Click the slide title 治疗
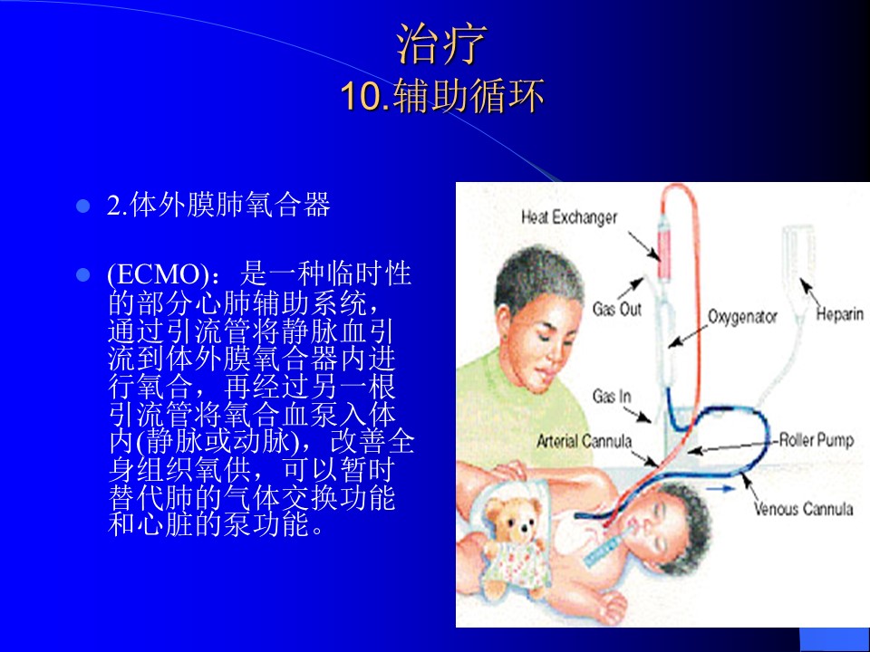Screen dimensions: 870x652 [441, 43]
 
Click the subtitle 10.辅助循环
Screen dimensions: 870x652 [442, 95]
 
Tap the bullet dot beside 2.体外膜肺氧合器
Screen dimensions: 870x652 [82, 206]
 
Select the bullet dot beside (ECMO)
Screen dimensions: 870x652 [82, 274]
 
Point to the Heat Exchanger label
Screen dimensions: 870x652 [569, 216]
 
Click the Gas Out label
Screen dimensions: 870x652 [616, 308]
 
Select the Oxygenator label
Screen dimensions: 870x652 [742, 317]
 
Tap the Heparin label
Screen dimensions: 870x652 [839, 314]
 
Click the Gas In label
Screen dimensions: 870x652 [612, 396]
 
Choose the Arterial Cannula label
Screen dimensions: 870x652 [584, 441]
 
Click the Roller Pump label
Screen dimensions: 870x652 [817, 441]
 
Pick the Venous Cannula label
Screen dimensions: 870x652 [803, 508]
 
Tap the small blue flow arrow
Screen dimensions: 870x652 [720, 489]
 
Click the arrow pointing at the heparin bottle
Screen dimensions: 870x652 [811, 292]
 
